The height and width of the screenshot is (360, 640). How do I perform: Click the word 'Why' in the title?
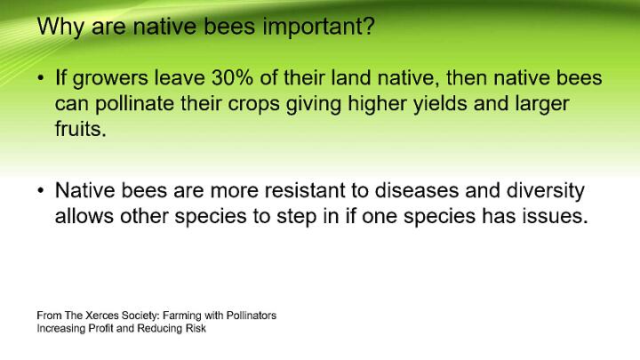click(60, 27)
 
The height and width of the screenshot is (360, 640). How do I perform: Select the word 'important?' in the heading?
click(318, 27)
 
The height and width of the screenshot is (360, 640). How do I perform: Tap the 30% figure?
click(232, 77)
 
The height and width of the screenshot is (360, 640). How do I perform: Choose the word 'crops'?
click(253, 105)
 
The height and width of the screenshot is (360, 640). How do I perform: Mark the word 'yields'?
click(440, 103)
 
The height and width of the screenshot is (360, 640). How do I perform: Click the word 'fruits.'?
click(80, 129)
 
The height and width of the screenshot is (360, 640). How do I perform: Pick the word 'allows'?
click(84, 216)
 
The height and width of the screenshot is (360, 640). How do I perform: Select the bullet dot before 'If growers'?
click(40, 77)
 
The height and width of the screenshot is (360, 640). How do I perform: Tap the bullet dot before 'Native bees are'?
click(40, 190)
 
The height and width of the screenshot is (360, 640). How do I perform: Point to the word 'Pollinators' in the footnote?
click(252, 316)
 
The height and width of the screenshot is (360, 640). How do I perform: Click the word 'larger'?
click(541, 105)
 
